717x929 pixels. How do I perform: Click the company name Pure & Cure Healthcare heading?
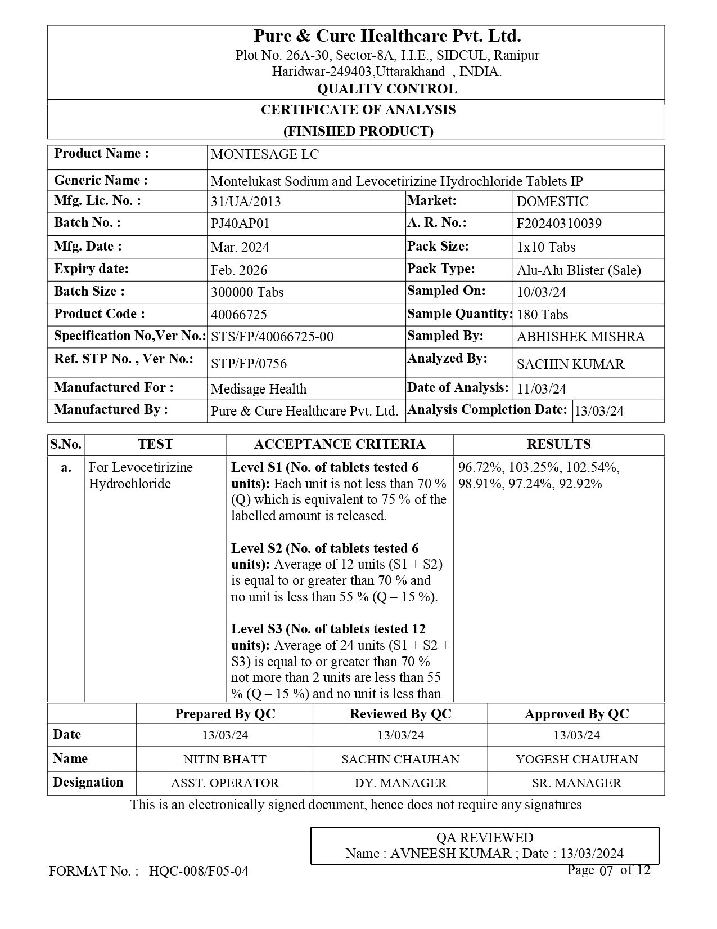387,37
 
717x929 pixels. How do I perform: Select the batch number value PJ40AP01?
240,224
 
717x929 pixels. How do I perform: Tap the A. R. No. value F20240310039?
559,224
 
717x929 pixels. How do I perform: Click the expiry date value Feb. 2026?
239,270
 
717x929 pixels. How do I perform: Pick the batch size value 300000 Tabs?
247,292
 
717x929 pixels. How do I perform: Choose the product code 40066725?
238,314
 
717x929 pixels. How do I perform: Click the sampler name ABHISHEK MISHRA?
580,337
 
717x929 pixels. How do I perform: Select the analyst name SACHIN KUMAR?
570,364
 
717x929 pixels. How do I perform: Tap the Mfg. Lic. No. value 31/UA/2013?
245,202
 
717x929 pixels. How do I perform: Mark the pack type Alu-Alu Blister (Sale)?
579,270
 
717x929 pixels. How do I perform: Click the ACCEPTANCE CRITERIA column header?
340,444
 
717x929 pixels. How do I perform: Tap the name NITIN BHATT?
224,759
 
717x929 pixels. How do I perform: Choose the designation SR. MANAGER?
576,783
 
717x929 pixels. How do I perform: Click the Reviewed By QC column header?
400,714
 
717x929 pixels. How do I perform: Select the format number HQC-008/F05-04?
199,872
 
